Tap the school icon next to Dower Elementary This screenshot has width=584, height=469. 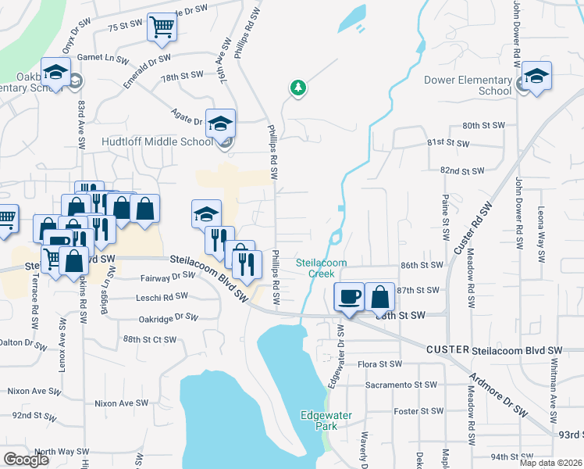coord(536,76)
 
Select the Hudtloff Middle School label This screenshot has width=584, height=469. coord(158,142)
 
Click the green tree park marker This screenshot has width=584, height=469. coord(297,88)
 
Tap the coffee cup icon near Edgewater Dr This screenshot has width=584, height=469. coord(348,297)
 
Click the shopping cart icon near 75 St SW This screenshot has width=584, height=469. coord(162,27)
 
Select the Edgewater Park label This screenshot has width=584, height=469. coord(319,421)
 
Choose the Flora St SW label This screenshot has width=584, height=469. coord(379,364)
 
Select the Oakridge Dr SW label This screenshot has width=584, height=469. coord(169,317)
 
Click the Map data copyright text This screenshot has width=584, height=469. coord(551,463)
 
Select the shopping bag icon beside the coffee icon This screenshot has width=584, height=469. coord(379,297)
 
